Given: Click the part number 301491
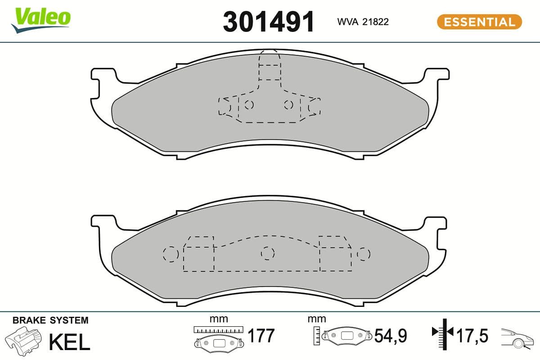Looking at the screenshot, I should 268,21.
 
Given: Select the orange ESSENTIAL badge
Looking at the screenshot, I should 479,22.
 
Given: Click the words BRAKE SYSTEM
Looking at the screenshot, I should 50,320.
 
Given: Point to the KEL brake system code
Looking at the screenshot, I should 69,342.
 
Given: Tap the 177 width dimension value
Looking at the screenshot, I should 261,336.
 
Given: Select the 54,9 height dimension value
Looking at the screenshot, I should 391,336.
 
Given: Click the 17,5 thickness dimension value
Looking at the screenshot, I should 472,336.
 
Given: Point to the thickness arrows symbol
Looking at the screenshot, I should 443,333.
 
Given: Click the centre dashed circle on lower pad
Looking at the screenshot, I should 268,253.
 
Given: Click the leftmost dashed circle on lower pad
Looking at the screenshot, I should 171,254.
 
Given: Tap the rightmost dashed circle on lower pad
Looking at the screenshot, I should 364,254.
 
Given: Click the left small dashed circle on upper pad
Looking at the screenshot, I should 248,105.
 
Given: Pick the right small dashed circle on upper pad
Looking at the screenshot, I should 288,105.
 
